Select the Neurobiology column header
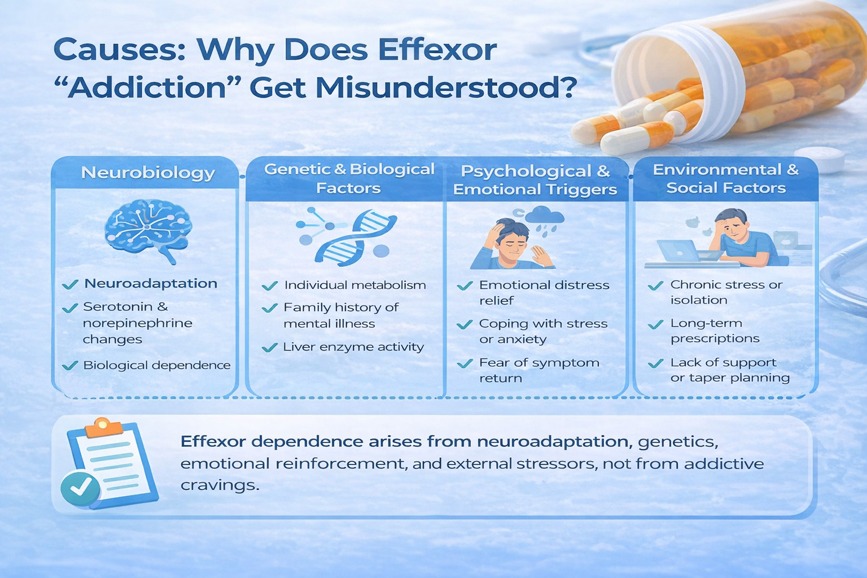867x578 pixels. (148, 172)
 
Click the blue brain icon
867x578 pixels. (148, 230)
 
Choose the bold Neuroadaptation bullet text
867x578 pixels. (151, 283)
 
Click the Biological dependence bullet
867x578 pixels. (157, 365)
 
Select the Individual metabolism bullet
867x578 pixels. (355, 285)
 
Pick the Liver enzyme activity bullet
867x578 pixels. (353, 347)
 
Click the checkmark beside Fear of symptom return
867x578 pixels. (465, 364)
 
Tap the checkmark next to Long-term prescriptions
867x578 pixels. (656, 325)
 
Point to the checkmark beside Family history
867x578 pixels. (270, 308)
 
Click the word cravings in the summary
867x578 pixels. (220, 485)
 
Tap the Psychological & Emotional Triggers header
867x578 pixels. (535, 180)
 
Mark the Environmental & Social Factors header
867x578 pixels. (726, 178)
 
